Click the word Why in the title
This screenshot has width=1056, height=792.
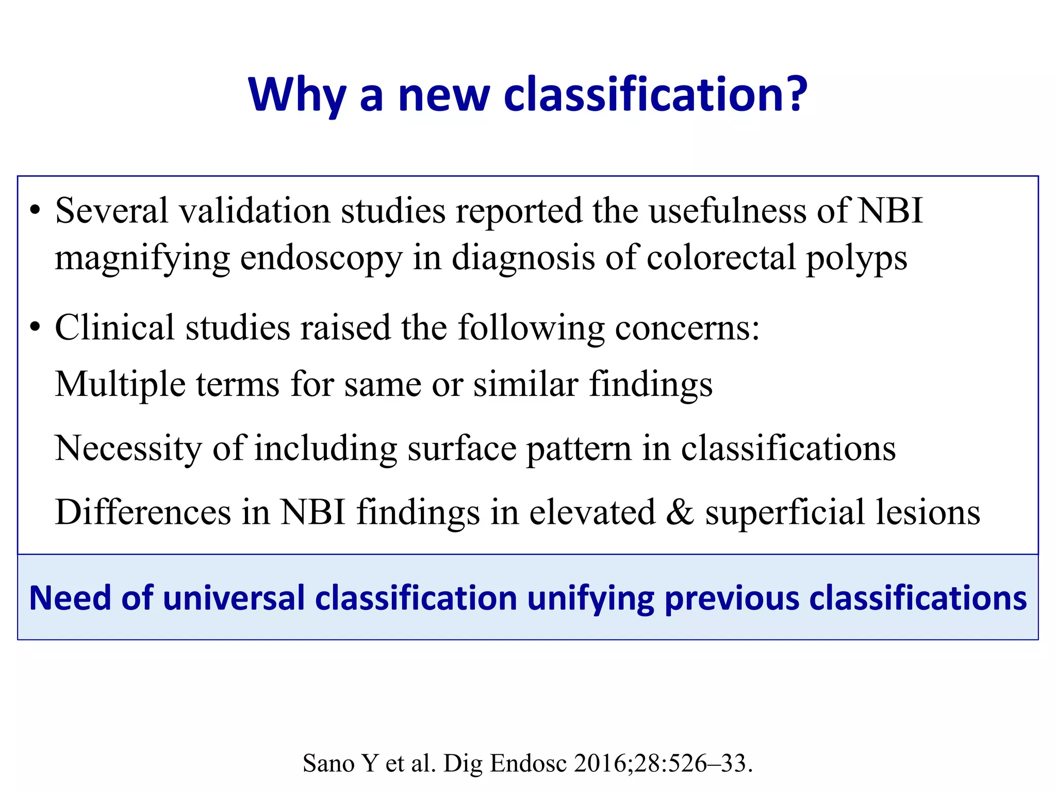(296, 95)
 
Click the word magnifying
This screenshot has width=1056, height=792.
(142, 259)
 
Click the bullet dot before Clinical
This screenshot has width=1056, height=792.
(35, 327)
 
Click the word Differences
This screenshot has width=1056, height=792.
(143, 513)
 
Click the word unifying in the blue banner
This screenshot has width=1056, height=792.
(590, 599)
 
